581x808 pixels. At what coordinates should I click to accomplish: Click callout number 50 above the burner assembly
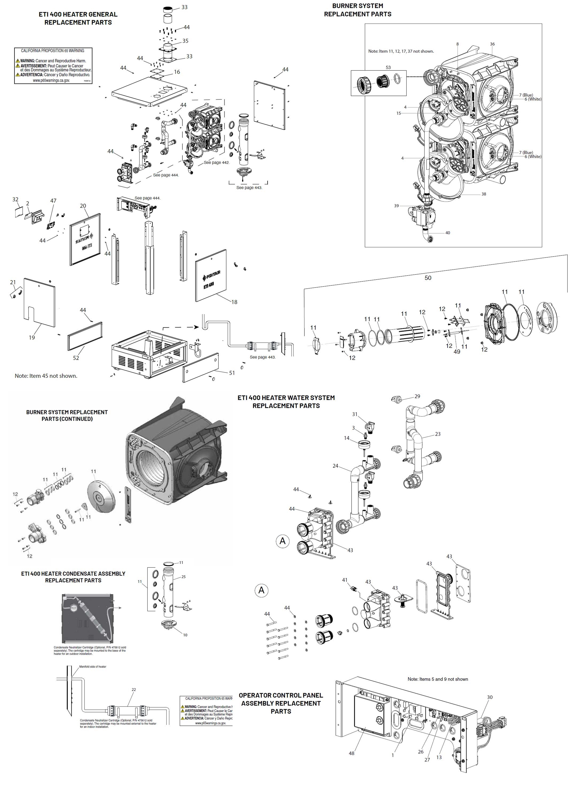pos(428,278)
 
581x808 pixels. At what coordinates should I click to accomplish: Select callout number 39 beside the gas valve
pos(396,206)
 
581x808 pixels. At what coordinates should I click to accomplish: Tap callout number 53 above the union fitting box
pos(388,67)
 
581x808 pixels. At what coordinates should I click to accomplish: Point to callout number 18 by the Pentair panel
pos(234,302)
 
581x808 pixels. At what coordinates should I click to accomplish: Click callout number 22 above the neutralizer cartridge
pos(134,690)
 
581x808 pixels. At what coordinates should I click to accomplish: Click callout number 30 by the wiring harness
pos(490,697)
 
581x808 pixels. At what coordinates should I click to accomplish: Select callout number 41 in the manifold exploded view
pos(345,580)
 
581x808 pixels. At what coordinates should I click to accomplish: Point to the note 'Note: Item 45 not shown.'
pos(46,376)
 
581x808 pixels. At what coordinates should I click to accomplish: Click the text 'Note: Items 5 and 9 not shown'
pos(438,679)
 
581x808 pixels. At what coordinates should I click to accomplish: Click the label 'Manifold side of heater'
pos(93,666)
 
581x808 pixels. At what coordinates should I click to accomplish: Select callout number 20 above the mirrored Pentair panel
pos(83,206)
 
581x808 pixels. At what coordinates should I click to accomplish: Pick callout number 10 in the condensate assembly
pos(185,635)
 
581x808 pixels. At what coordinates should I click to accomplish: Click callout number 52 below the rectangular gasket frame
pos(76,358)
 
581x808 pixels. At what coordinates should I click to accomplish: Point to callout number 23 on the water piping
pos(438,434)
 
